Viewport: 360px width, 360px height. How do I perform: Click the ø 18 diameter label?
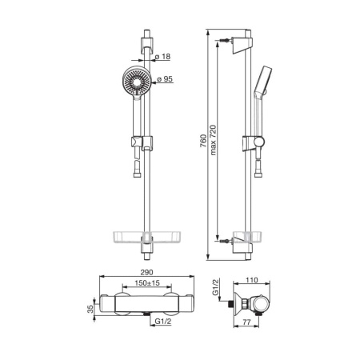click(162, 57)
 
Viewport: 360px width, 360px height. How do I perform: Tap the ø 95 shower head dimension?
click(165, 79)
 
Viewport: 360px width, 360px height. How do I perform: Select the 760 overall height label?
click(203, 141)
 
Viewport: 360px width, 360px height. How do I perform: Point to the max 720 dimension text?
click(213, 140)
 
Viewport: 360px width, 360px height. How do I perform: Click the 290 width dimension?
click(147, 272)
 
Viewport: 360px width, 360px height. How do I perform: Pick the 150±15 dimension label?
click(147, 282)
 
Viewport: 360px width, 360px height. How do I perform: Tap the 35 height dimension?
click(90, 309)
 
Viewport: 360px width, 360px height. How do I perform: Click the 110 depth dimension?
click(252, 280)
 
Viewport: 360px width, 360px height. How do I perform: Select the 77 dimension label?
click(247, 322)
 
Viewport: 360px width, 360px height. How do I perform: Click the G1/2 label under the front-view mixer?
click(163, 322)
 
